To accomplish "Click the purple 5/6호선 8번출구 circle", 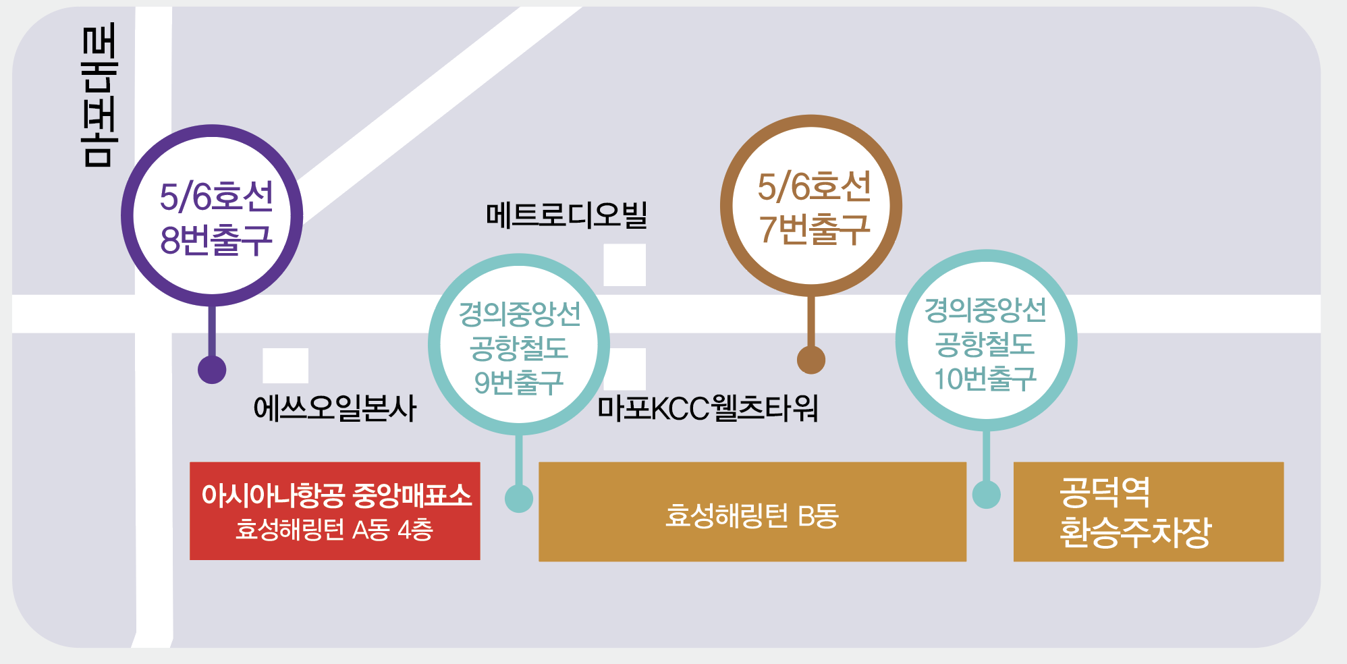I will click(x=212, y=215).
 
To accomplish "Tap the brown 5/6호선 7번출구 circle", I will click(x=811, y=205).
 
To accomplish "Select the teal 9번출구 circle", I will click(x=519, y=345).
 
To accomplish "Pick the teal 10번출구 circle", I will click(x=986, y=341).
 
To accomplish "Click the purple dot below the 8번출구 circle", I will click(x=212, y=370).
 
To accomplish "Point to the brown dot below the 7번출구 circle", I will click(x=811, y=360).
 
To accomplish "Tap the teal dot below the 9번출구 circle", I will click(x=519, y=499).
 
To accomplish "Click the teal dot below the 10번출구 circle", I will click(x=986, y=495).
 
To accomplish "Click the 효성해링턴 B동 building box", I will click(x=752, y=512).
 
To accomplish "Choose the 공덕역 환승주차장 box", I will click(x=1148, y=511).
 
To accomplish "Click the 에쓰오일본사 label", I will click(x=335, y=408).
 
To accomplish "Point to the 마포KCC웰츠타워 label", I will click(x=708, y=408).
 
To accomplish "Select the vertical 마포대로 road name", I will click(x=99, y=94).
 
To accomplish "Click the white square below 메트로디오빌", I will click(x=624, y=265).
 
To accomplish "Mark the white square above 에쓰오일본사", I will click(x=285, y=366).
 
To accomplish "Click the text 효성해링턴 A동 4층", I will click(x=334, y=530).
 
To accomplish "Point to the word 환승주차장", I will click(x=1135, y=532).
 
